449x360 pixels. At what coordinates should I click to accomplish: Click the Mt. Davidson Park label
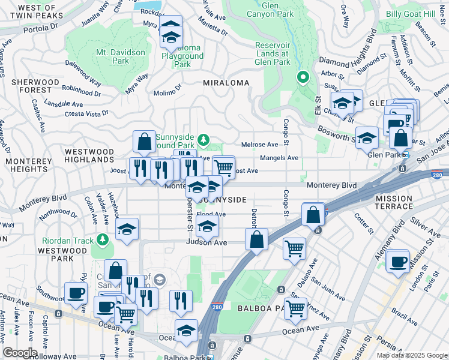click(121, 56)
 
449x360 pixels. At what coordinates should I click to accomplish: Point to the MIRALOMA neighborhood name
click(226, 82)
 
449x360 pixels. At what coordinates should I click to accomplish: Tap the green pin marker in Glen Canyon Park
click(303, 77)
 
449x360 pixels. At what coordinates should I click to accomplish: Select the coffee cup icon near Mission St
click(398, 262)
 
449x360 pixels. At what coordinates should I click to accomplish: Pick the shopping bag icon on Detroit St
click(256, 239)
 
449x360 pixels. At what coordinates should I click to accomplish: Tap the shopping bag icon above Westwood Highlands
click(144, 142)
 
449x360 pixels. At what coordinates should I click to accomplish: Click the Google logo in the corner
click(20, 352)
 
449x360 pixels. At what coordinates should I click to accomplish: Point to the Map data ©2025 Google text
click(411, 355)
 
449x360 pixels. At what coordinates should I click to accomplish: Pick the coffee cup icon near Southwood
click(76, 293)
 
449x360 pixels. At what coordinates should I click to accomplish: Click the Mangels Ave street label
click(279, 158)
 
